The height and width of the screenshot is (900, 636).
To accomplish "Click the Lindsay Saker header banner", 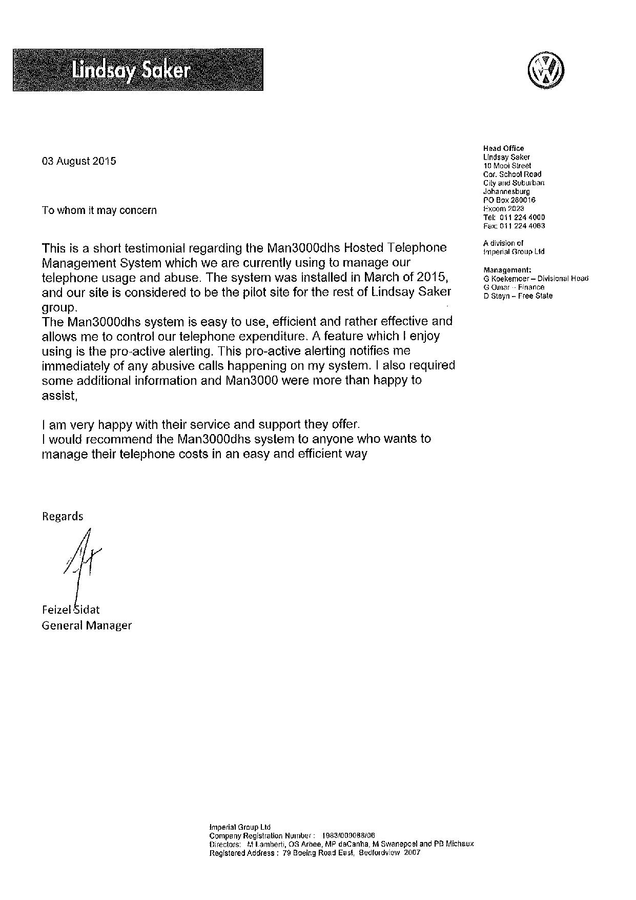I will coord(138,70).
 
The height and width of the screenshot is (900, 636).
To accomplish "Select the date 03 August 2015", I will coord(79,161).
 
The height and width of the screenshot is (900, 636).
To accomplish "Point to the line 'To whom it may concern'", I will coord(99,210).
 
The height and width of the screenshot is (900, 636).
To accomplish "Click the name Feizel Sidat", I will coord(71,610).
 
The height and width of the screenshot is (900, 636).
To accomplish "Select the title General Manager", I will coord(87,625).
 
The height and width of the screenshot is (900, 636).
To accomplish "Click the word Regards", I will coord(63,516).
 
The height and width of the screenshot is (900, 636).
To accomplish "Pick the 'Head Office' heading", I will coord(504,148).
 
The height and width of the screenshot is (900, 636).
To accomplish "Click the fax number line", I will coord(514,226).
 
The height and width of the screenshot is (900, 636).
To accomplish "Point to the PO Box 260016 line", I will coord(509,200).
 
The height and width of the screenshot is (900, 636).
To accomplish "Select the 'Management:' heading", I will coord(507,270).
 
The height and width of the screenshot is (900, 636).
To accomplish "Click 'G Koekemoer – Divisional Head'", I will coord(536,279).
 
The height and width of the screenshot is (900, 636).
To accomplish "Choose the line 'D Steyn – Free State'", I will coord(518,296).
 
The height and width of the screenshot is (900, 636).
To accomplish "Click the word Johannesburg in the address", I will coord(506,191).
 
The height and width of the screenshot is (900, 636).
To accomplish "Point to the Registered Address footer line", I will coord(315,853).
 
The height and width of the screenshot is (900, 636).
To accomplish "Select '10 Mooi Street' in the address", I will coord(507,166).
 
